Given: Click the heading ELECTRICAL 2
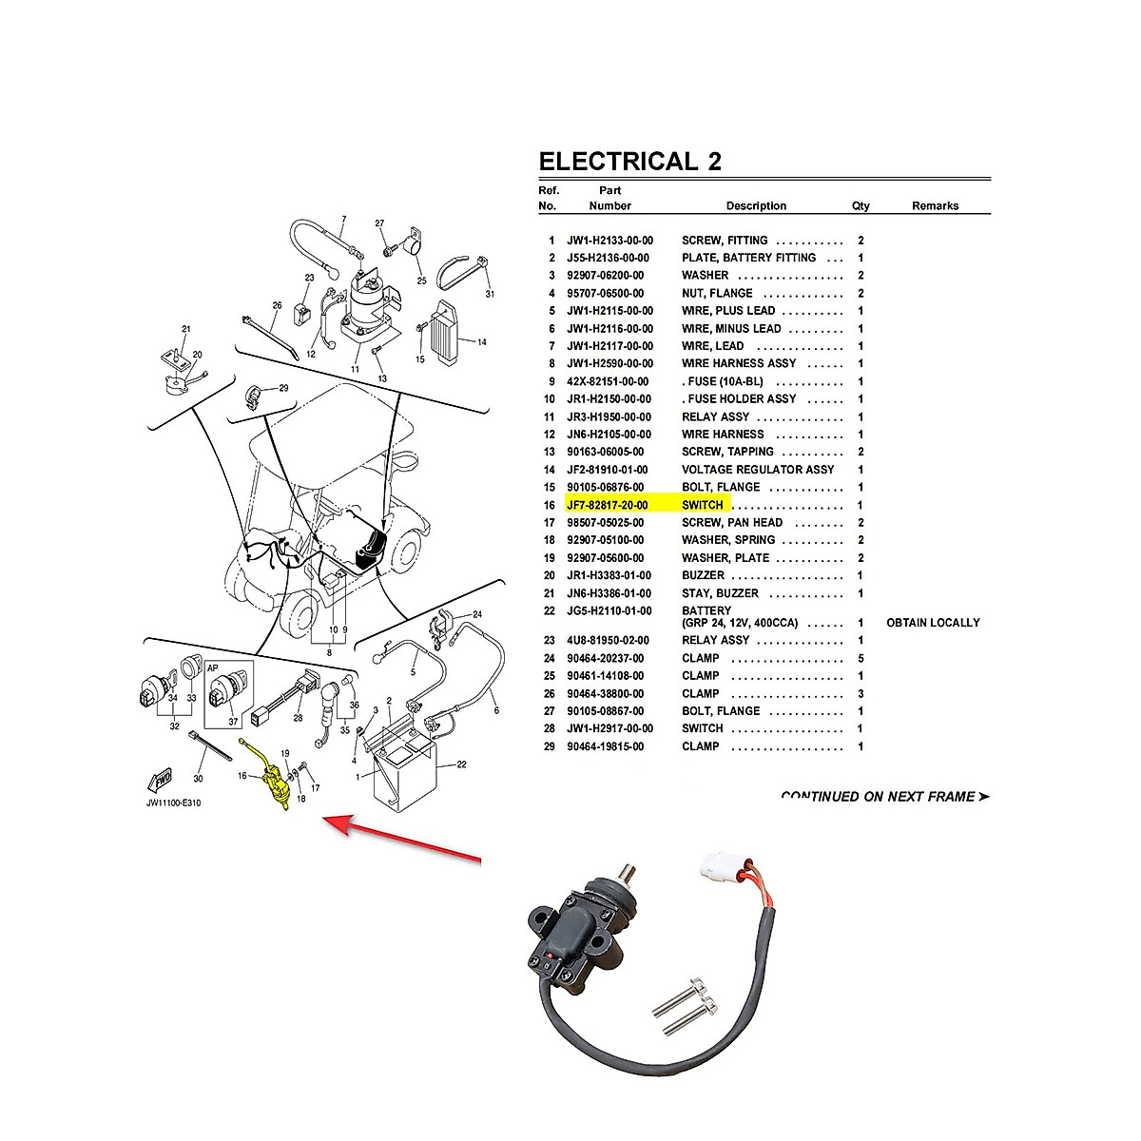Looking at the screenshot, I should click(x=629, y=162).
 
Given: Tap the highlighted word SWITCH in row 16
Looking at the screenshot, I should click(x=703, y=505).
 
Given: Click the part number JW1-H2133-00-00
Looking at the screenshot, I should click(x=609, y=242).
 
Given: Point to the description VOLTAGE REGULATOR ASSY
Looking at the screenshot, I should click(x=758, y=470).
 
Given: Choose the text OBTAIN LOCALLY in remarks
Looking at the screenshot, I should click(x=933, y=623).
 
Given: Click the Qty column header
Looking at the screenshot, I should click(x=861, y=206).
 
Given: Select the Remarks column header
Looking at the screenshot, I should click(x=935, y=206).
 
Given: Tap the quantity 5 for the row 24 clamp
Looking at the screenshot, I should click(x=861, y=658).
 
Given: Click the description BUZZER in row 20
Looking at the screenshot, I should click(x=703, y=575).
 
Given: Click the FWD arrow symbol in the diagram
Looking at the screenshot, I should click(x=160, y=780).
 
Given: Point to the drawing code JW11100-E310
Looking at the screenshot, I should click(x=173, y=803).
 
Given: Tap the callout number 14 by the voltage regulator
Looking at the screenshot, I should click(x=481, y=342).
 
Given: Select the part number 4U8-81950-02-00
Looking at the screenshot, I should click(x=609, y=641).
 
